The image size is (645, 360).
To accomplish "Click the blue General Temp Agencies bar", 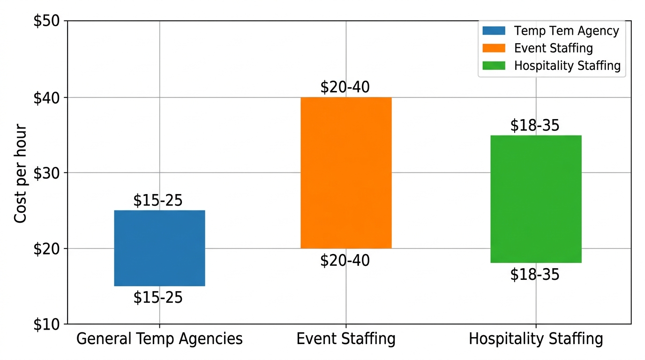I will tap(159, 248).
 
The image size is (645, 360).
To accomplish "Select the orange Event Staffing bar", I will tap(346, 172).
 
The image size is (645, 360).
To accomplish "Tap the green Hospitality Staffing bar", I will tap(536, 199).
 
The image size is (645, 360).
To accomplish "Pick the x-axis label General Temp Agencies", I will tap(159, 339).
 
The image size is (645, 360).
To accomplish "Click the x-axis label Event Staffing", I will tap(346, 339).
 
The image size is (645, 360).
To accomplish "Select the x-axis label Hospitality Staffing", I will tap(536, 339).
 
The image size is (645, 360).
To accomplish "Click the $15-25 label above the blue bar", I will tap(158, 201).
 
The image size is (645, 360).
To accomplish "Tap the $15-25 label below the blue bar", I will tap(158, 298).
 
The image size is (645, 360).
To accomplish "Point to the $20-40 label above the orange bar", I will tap(345, 87).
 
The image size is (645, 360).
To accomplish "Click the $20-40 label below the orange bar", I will tap(345, 261).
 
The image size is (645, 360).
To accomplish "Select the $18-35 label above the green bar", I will tap(535, 126).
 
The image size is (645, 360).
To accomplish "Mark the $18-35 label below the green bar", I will tap(535, 275).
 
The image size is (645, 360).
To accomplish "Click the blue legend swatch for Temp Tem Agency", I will tap(494, 31).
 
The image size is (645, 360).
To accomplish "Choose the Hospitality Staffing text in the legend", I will tap(567, 66).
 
